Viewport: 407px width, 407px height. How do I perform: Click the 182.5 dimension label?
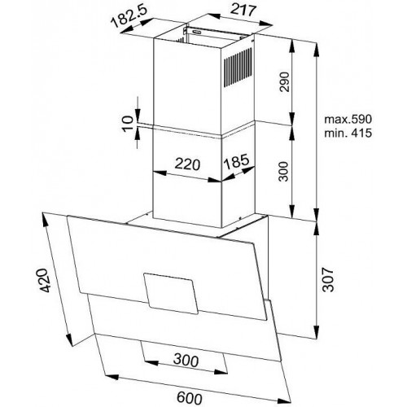click(129, 16)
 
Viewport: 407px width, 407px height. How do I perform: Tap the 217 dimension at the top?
click(243, 11)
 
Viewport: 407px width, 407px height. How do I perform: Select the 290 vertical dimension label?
click(284, 81)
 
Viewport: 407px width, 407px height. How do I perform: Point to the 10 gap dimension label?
click(128, 124)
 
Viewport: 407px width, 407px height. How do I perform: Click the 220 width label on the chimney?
click(187, 164)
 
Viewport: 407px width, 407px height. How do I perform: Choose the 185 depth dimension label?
click(236, 161)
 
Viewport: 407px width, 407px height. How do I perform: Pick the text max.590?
click(348, 119)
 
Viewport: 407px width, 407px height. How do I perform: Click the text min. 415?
click(348, 133)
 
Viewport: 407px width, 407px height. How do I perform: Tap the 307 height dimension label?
click(328, 279)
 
